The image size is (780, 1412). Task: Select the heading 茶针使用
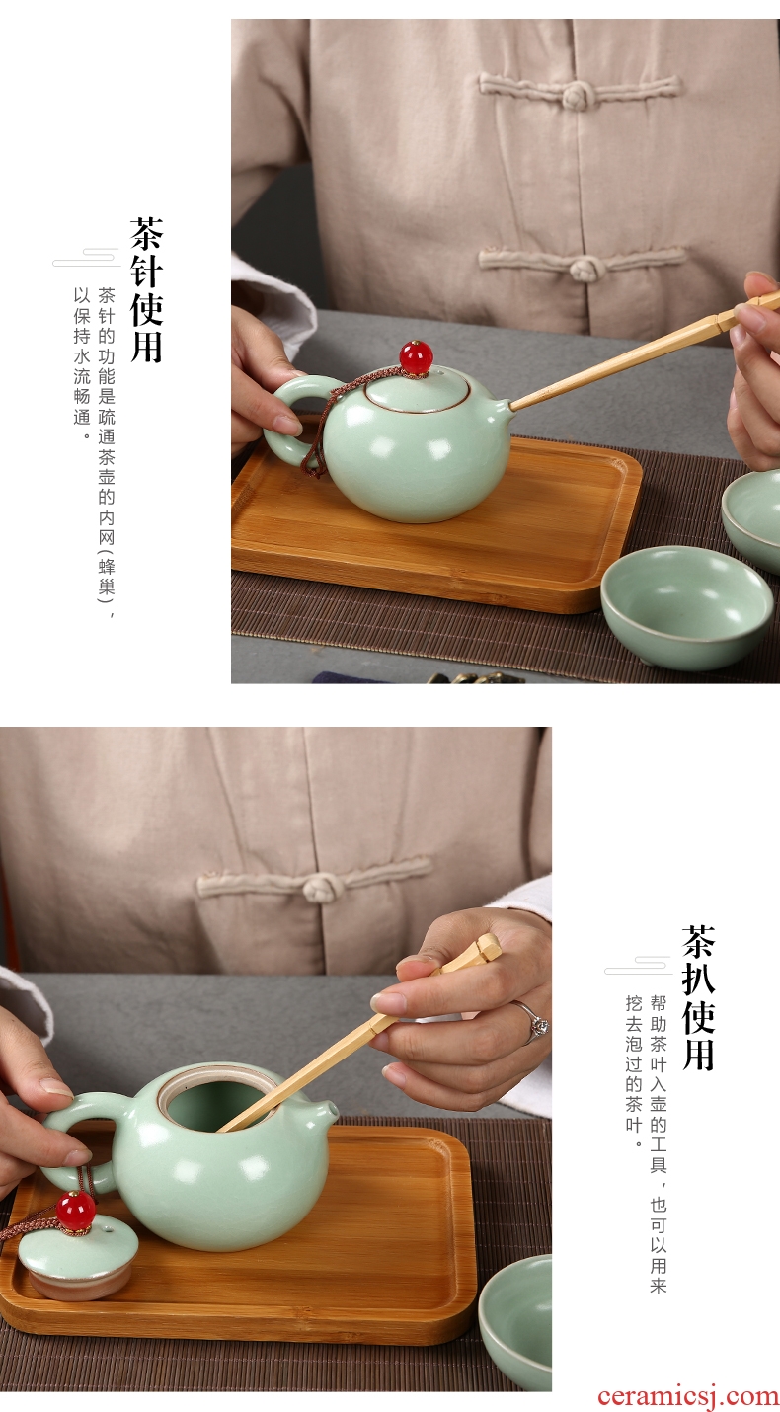[x=146, y=290]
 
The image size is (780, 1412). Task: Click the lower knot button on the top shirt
[x=587, y=268]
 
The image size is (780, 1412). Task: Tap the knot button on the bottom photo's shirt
[x=322, y=888]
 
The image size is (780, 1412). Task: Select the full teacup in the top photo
[x=686, y=608]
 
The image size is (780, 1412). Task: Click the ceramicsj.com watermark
[x=688, y=1396]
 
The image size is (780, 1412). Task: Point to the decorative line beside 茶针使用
[x=86, y=259]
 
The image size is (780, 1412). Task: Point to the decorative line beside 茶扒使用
[x=638, y=966]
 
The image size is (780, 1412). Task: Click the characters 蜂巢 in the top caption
[x=107, y=576]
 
